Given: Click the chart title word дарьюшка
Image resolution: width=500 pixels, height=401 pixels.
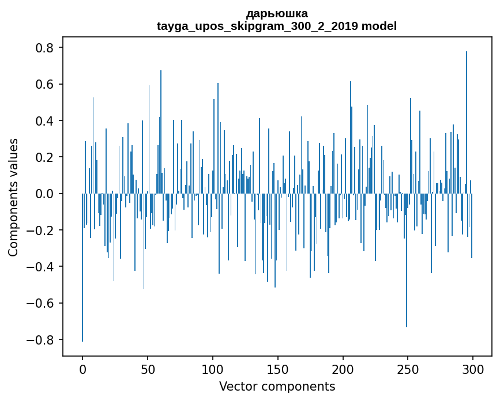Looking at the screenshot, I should coord(277,13).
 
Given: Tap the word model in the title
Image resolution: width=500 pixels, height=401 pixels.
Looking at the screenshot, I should coord(381,26).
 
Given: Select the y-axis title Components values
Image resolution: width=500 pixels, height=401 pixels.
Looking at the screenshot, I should coord(13,197).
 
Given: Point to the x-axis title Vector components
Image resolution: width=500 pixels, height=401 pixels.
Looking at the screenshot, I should coord(277,386).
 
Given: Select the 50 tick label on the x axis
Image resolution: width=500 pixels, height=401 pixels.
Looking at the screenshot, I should coord(148,368).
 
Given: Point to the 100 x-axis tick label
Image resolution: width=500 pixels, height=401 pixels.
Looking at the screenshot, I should coord(213,368).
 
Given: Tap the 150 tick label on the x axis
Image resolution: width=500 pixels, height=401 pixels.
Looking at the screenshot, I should coord(278,368).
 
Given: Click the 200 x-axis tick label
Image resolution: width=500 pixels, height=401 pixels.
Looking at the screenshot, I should coord(343,368).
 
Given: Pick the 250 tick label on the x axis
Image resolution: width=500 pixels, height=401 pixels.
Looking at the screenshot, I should coord(408,368).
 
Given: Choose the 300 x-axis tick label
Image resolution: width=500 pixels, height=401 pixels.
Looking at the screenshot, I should coord(473,368).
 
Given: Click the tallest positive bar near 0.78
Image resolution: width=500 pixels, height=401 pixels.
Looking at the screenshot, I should coord(467,115).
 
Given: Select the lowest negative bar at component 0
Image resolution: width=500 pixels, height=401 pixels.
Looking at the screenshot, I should coord(82,271).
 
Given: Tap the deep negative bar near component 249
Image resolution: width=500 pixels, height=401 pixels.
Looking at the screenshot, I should coord(407,265).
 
